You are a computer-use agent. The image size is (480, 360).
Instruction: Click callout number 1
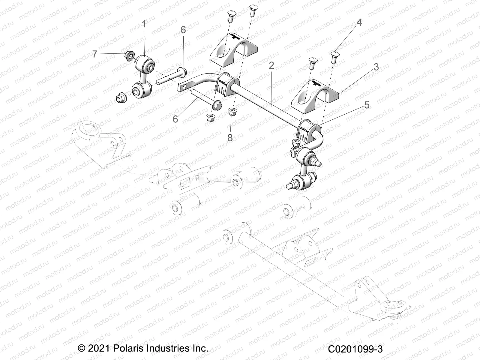coord(144,24)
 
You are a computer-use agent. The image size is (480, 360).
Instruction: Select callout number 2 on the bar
coord(271,65)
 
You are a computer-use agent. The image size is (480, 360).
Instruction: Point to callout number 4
coord(358,22)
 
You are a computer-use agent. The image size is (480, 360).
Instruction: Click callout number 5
coord(366,105)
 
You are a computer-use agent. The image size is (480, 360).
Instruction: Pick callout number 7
coord(95,54)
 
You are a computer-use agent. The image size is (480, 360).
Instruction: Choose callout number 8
coord(230,138)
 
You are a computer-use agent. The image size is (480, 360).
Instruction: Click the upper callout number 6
coord(183,30)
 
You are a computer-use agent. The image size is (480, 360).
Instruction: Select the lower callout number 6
coord(175,119)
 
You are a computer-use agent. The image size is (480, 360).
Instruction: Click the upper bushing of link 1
coord(145,63)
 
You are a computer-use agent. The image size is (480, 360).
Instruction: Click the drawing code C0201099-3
coord(355,349)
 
